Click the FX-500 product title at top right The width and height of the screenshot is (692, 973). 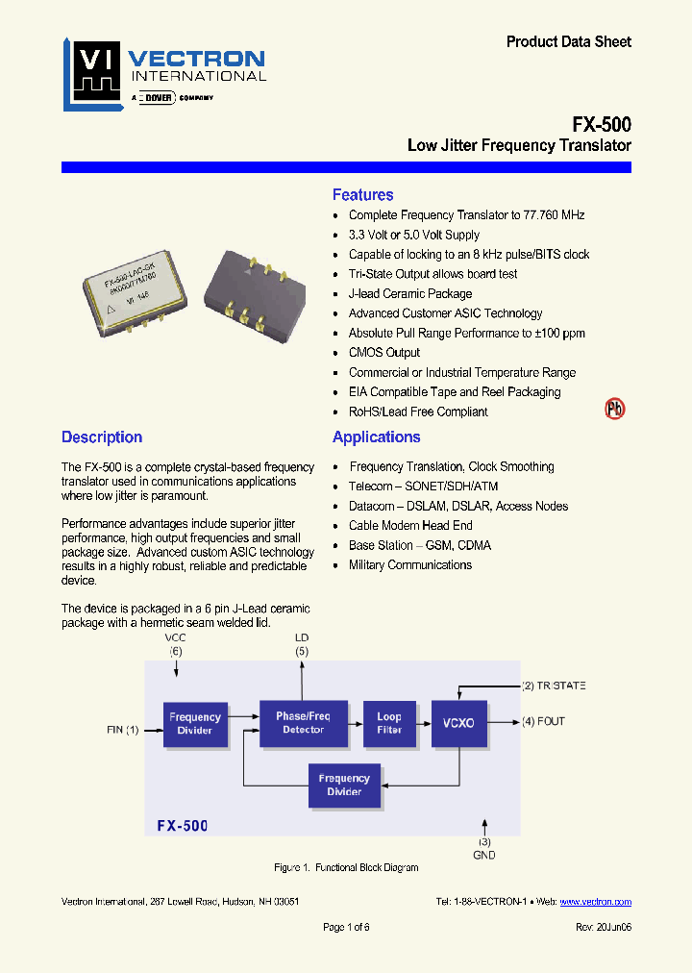(x=601, y=124)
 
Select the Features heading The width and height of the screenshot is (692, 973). (x=362, y=195)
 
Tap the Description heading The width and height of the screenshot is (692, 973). (x=102, y=437)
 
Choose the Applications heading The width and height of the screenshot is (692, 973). (x=376, y=437)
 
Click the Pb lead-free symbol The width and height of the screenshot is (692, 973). (x=614, y=409)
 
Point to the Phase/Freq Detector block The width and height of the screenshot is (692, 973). (x=303, y=723)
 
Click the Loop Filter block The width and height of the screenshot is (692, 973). (x=388, y=723)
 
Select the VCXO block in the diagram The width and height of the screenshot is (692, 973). (x=459, y=723)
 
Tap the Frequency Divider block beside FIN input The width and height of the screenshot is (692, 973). (x=195, y=723)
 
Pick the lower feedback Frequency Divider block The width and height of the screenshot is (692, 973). (x=344, y=785)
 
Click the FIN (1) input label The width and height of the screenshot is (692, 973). (x=122, y=730)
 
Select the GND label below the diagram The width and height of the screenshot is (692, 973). (x=484, y=855)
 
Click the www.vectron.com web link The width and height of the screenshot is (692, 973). (x=595, y=902)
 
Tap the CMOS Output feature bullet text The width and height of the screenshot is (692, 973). (x=384, y=353)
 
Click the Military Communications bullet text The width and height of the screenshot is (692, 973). (x=410, y=565)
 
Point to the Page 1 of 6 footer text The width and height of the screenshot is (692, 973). (x=346, y=927)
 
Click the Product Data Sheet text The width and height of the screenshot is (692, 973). (x=569, y=41)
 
